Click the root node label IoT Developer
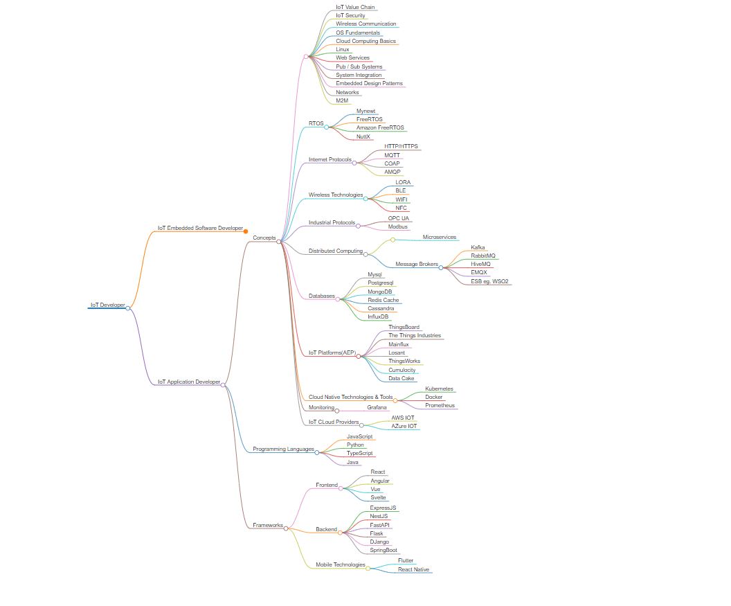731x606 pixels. pos(107,305)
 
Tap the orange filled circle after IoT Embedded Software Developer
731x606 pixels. pos(246,231)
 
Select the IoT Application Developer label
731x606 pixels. pos(188,382)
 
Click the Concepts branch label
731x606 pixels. pos(264,238)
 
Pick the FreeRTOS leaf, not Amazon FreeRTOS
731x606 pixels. pos(369,119)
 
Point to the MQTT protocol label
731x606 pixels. pos(392,155)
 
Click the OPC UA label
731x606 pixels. pos(398,218)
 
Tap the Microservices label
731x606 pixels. pos(440,237)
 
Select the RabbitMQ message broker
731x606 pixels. pos(483,256)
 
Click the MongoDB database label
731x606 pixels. pos(380,292)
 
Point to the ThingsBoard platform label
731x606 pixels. pos(404,327)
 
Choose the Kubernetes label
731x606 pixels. pos(439,389)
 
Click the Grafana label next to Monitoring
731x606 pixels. pos(377,407)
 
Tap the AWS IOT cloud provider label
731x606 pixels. pos(403,418)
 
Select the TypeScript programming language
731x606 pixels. pos(359,453)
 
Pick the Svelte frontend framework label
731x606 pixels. pos(378,497)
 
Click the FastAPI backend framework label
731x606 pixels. pos(380,525)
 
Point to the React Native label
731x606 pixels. pos(413,569)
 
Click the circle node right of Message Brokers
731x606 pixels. pos(441,267)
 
